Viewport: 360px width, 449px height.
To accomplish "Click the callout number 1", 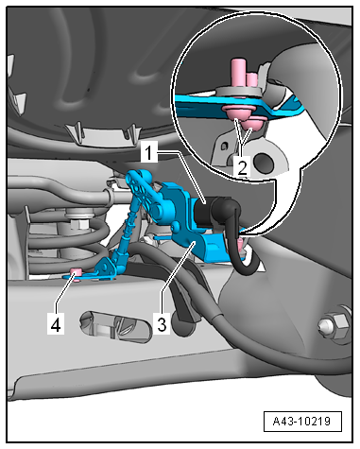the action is pyautogui.click(x=148, y=152).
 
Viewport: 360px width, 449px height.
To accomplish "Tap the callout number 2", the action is pyautogui.click(x=242, y=166).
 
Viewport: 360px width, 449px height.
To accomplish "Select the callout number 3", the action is pyautogui.click(x=162, y=322).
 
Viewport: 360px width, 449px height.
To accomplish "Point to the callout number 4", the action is pyautogui.click(x=56, y=324).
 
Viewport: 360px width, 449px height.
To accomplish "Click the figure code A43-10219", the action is pyautogui.click(x=302, y=421).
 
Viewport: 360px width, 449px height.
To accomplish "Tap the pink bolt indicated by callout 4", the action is pyautogui.click(x=76, y=271).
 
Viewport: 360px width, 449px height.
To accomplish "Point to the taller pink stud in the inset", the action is pyautogui.click(x=238, y=73).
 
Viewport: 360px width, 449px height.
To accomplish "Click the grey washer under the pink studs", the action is pyautogui.click(x=238, y=92).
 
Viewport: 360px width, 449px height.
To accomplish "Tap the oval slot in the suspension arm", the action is pyautogui.click(x=115, y=327).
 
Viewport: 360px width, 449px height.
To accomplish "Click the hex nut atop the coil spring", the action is pyautogui.click(x=80, y=224).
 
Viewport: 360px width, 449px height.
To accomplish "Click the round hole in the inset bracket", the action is pyautogui.click(x=264, y=162).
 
